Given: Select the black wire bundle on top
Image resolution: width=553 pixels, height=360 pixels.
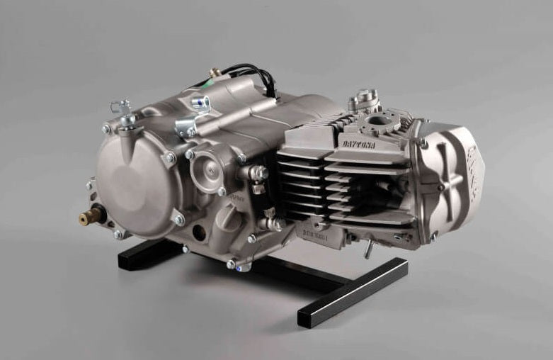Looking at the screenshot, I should point(251,74).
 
